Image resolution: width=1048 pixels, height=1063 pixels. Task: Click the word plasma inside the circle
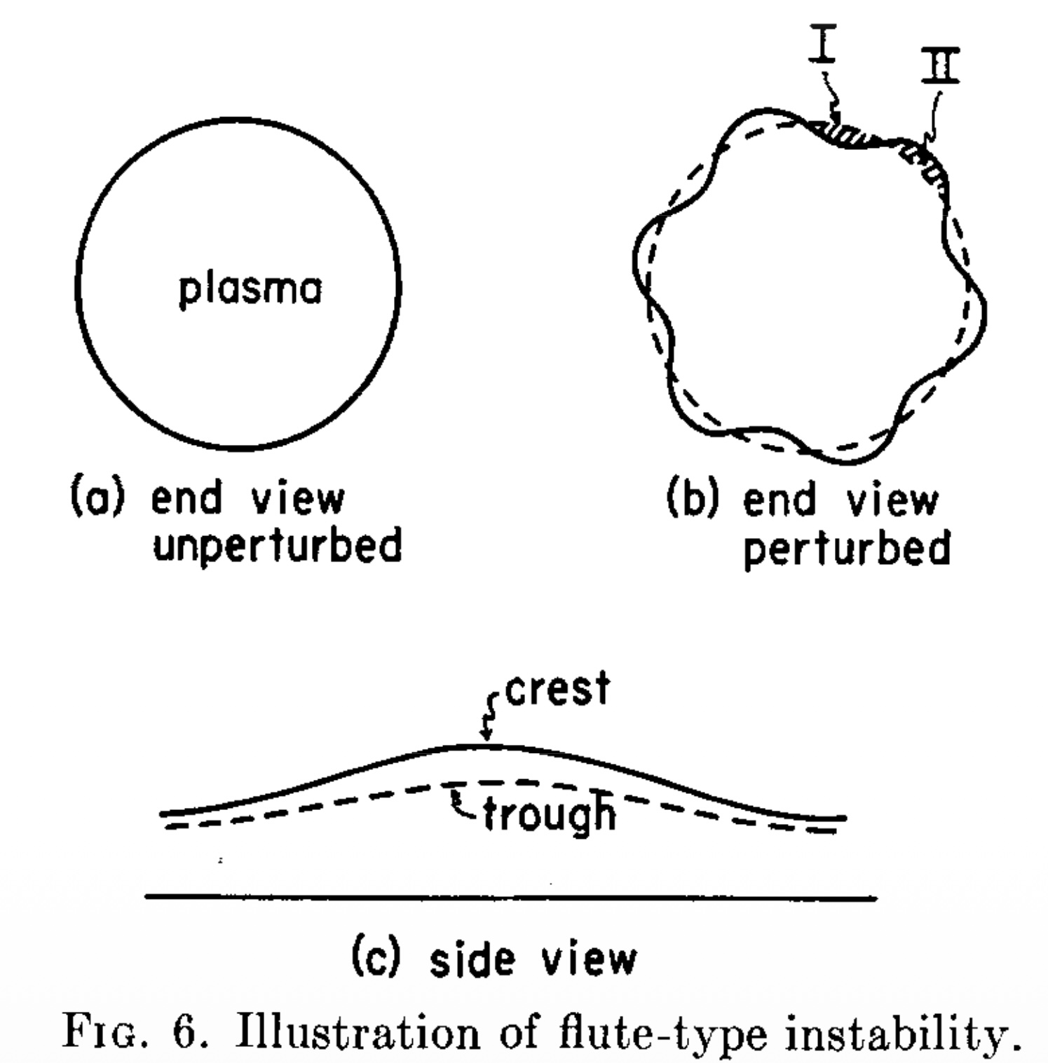point(250,289)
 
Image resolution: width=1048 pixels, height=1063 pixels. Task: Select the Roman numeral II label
point(939,64)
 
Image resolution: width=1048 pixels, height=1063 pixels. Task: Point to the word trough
point(550,814)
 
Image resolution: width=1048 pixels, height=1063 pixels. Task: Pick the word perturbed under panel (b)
point(847,548)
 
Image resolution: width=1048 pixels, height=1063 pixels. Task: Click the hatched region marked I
point(848,134)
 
